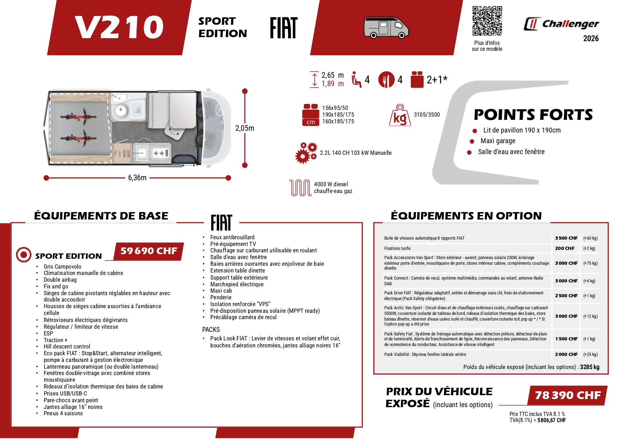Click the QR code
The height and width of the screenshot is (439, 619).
pos(487,21)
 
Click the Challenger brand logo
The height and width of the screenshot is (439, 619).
pos(561,24)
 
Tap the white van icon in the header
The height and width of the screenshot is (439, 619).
pos(386,27)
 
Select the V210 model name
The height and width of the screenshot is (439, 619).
pos(119,27)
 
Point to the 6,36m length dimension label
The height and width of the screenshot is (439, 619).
pos(137,178)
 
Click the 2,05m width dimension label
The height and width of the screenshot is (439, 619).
pos(245,128)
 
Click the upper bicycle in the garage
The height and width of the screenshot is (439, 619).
pos(78,116)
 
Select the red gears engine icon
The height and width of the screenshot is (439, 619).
pos(306,153)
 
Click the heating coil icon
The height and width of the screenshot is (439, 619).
pos(300,188)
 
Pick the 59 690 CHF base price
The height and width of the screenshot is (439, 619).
pos(149,251)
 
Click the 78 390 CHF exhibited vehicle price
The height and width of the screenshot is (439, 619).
pos(567,395)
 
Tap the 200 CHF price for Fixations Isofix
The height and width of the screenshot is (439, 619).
pos(564,248)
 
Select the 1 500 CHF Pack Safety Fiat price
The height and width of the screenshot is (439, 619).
pos(566,339)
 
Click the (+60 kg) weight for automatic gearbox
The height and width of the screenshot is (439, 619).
pos(590,238)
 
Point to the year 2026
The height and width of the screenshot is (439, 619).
pos(591,39)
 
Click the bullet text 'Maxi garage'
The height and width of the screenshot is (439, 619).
pos(498,141)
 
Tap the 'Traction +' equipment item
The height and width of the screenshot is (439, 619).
pos(55,340)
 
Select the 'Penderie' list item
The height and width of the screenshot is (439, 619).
pos(221,298)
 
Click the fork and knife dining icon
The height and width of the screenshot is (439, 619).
pos(386,80)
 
